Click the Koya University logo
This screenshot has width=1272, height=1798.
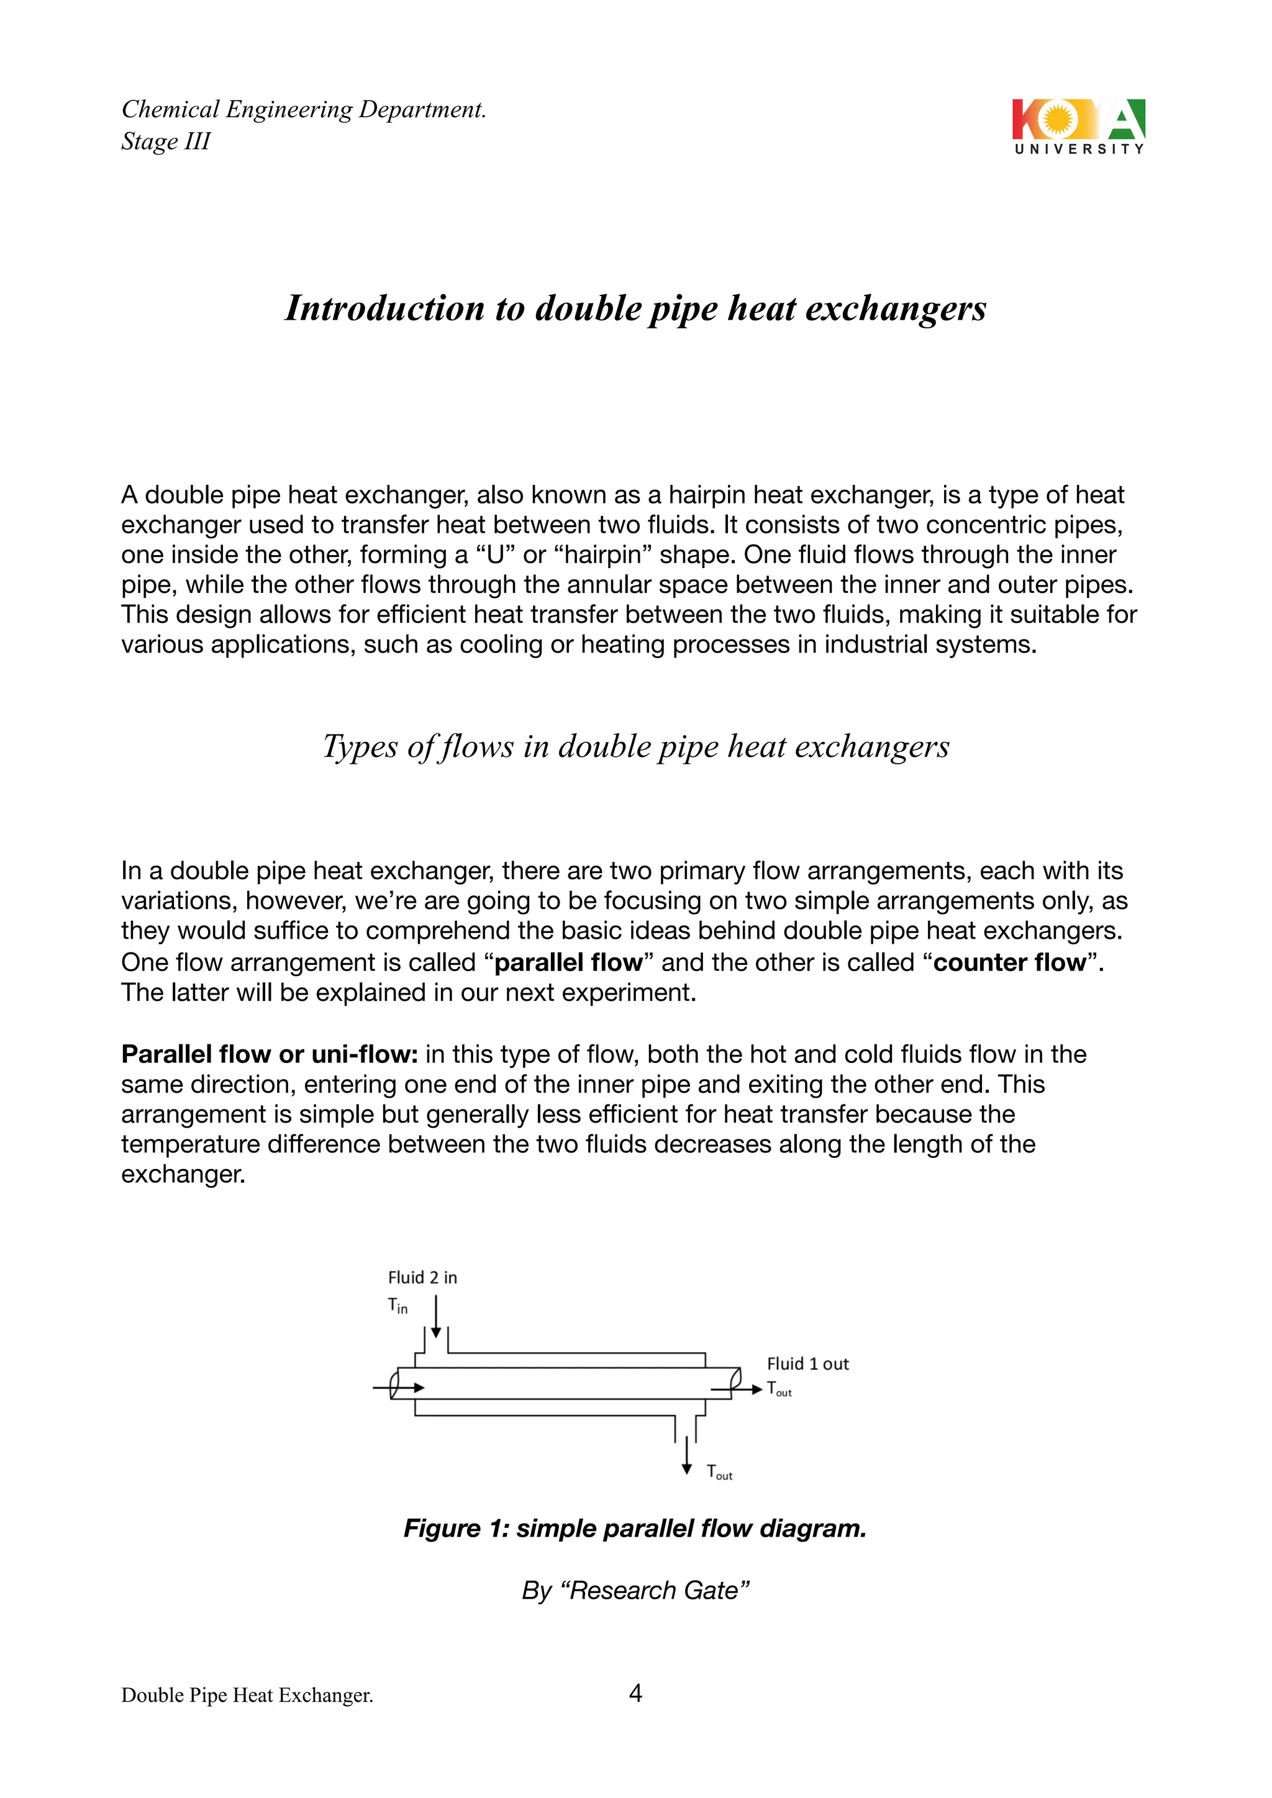tap(1079, 126)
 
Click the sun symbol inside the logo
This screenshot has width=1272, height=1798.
tap(1057, 119)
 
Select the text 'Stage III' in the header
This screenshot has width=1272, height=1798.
tap(166, 142)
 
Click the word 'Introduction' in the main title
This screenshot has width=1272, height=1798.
tap(384, 309)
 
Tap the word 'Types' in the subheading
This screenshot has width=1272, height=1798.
tap(360, 746)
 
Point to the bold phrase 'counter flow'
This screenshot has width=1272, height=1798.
tap(1010, 962)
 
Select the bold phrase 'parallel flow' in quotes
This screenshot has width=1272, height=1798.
tap(568, 962)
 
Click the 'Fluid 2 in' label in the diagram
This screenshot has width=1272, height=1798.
tap(422, 1278)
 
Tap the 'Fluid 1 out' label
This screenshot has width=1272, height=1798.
tap(807, 1364)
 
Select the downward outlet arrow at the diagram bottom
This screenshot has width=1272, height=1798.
tap(687, 1456)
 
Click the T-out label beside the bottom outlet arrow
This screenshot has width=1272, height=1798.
tap(719, 1472)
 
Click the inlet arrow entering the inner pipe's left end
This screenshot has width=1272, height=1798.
tap(401, 1388)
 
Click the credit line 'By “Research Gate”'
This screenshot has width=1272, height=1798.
tap(635, 1591)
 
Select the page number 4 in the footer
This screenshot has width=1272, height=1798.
tap(635, 1693)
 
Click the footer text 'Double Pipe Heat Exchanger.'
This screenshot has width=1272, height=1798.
tap(247, 1696)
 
